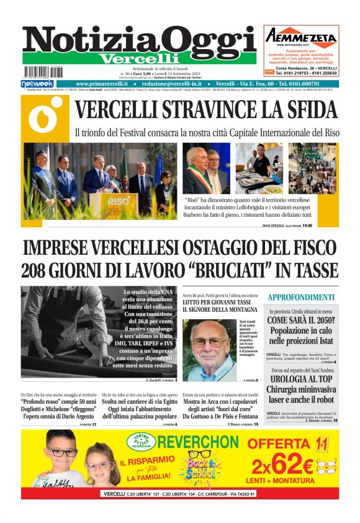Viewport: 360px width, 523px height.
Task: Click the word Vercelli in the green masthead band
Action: point(138,58)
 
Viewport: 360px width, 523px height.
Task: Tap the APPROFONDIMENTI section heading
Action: point(301,298)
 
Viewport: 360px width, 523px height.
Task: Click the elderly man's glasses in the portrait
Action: point(210,342)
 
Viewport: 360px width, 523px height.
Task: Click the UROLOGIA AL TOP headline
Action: point(302,378)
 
